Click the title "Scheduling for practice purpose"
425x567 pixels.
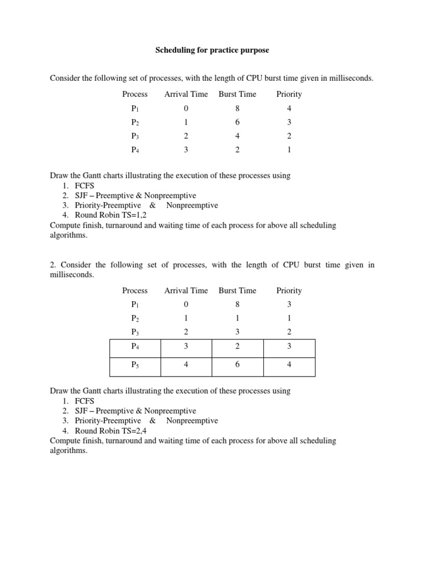212,50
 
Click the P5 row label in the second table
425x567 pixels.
135,365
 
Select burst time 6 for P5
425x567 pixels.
237,365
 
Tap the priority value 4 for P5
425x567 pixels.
289,365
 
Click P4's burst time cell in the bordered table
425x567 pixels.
237,347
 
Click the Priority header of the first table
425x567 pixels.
289,94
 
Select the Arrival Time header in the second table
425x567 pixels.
186,291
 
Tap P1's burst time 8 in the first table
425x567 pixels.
237,109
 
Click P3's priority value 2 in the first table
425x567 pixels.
289,136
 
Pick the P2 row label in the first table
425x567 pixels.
135,122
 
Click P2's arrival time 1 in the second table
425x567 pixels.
186,318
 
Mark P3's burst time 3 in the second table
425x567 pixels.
237,332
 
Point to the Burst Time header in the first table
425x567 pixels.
237,94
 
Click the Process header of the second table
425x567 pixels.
135,291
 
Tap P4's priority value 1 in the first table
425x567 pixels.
289,150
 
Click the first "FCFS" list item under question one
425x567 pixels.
85,185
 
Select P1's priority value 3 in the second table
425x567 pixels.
289,305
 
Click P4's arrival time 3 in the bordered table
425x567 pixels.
186,347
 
